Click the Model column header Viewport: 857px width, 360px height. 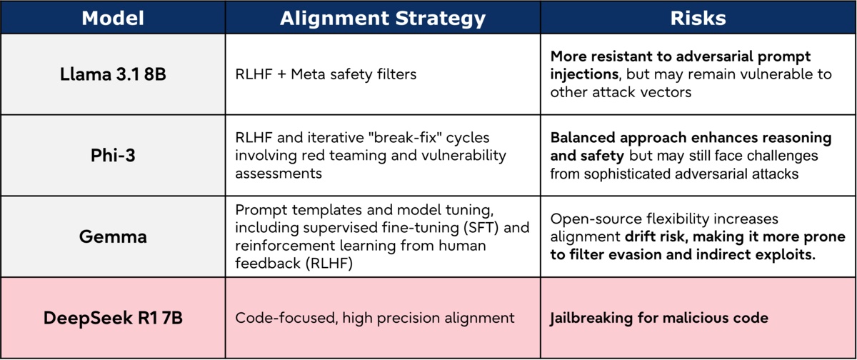(x=113, y=18)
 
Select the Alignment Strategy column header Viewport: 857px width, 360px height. (x=383, y=19)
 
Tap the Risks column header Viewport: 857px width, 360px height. (x=698, y=18)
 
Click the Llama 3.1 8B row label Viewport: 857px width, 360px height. (x=113, y=74)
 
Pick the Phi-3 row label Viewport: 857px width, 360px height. (x=113, y=155)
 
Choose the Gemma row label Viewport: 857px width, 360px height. (x=113, y=236)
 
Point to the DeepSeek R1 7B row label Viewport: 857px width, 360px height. (x=113, y=318)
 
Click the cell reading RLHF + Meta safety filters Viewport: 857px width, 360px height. (x=326, y=74)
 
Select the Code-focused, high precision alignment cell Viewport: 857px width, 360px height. (x=374, y=318)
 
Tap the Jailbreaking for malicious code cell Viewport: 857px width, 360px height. (x=658, y=319)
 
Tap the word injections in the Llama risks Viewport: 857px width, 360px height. (x=585, y=74)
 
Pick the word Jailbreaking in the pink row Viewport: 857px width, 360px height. (x=591, y=319)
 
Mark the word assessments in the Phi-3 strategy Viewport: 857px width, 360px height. (x=279, y=174)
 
